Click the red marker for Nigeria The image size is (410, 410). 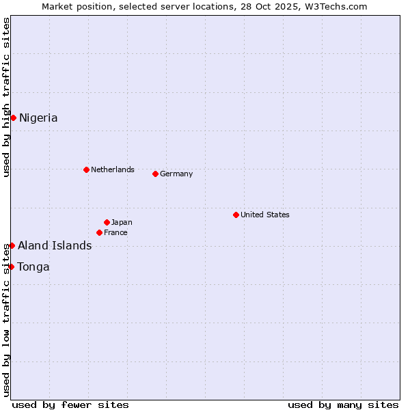pos(13,118)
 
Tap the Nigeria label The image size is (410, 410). pos(38,118)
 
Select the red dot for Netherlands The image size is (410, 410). pos(86,169)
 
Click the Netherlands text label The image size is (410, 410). pos(112,169)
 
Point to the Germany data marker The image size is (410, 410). pos(155,174)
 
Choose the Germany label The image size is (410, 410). pos(176,174)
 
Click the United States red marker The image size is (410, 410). pos(236,215)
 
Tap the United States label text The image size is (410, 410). pos(264,215)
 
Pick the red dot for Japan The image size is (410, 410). pos(107,222)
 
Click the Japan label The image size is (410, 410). pos(122,222)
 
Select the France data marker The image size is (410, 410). pos(99,232)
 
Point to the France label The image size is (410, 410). pos(115,232)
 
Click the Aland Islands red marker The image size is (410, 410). pos(12,245)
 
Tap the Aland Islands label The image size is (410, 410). pos(55,246)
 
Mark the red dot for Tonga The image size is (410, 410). pos(12,266)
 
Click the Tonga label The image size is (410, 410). pos(33,266)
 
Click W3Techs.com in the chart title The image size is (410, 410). pos(336,6)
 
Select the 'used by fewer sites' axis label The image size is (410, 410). pos(70,405)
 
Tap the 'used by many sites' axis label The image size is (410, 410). pos(343,405)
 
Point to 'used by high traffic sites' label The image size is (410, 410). pos(6,97)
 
